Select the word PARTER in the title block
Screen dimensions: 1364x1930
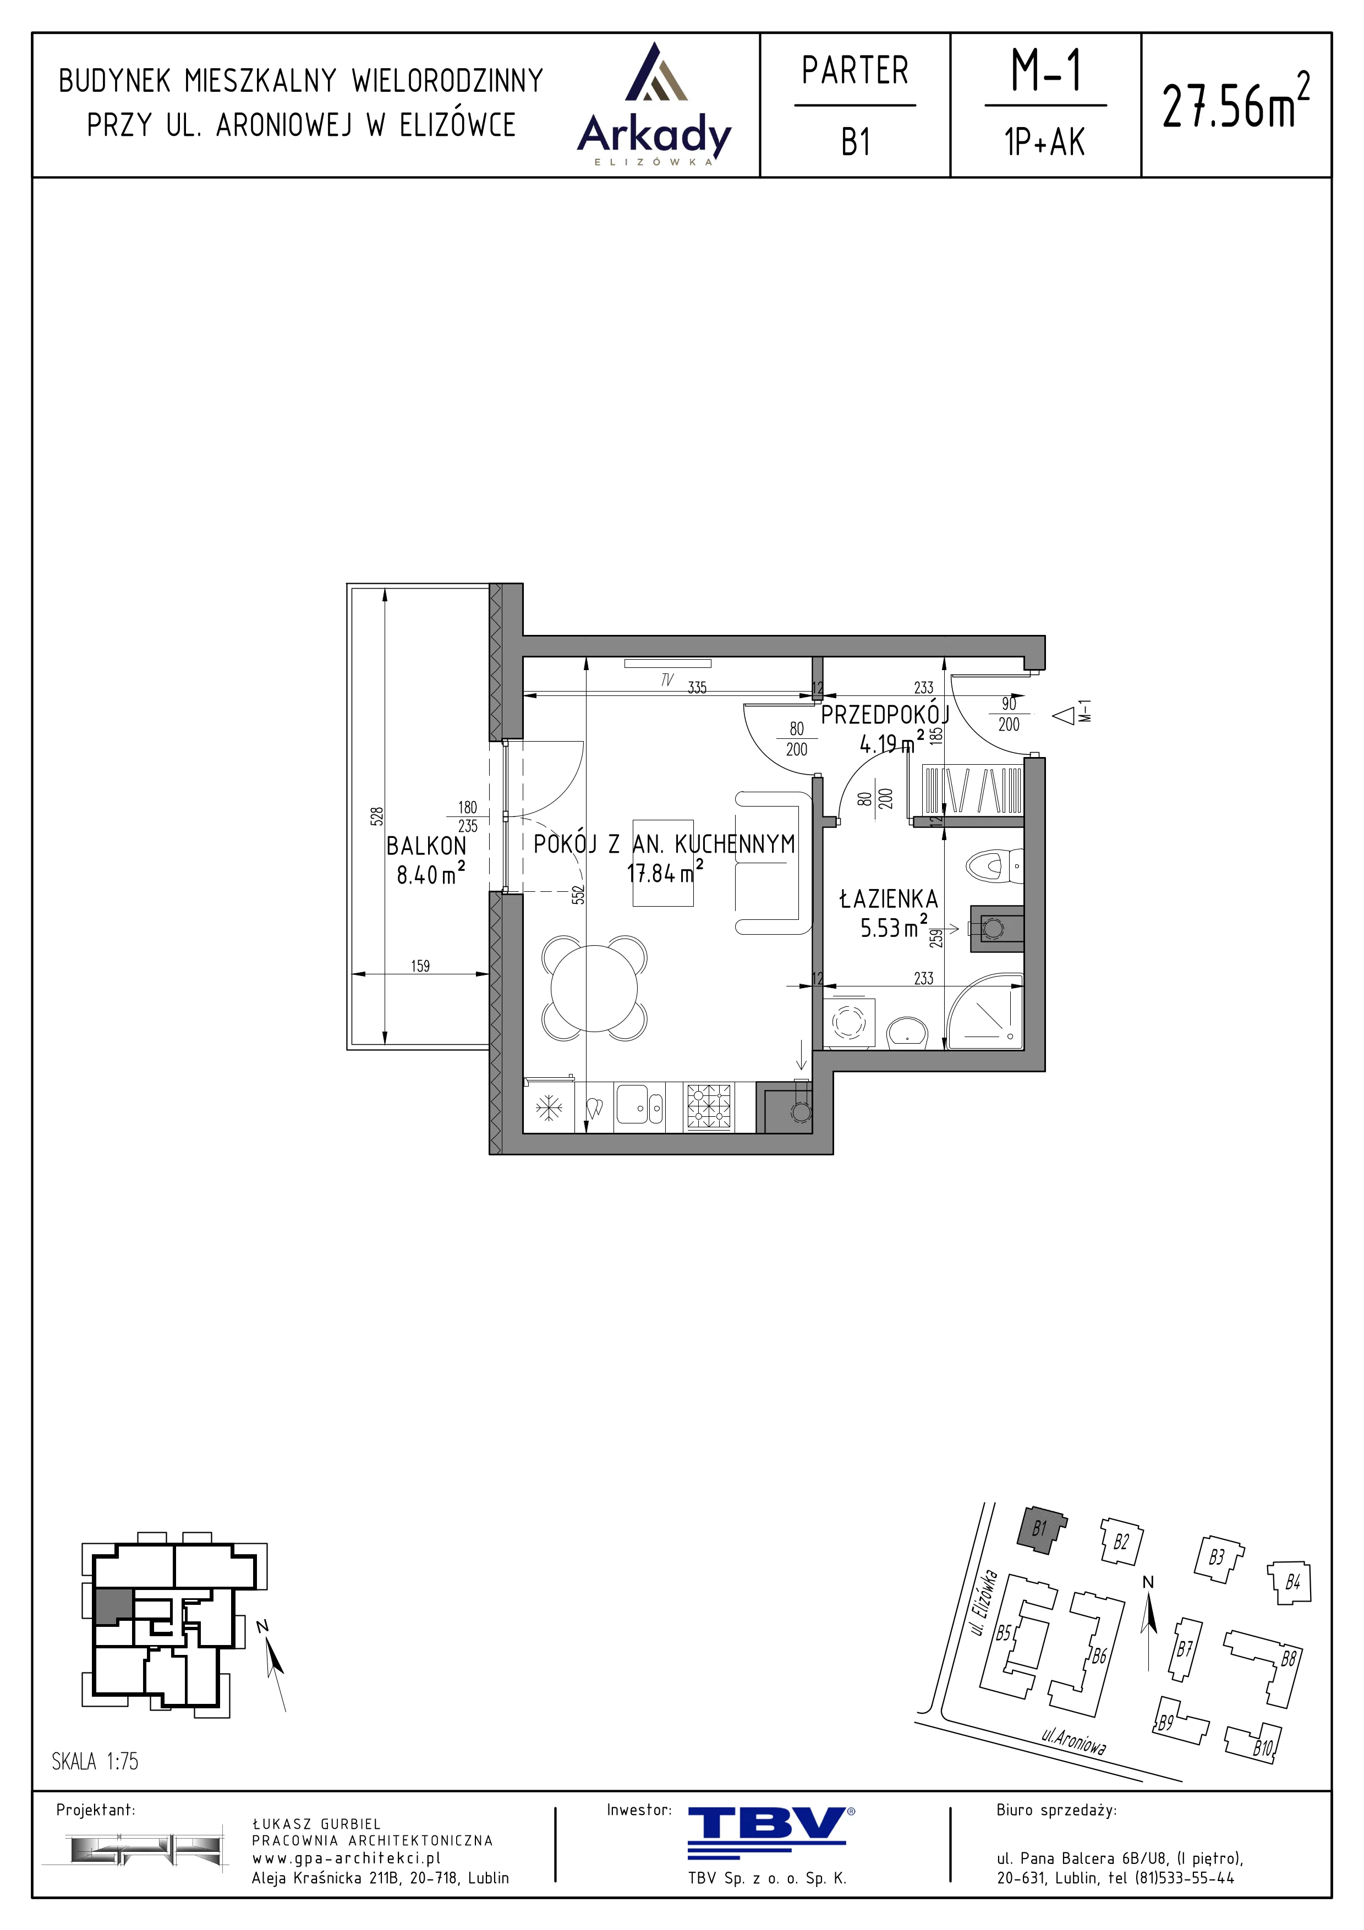(854, 70)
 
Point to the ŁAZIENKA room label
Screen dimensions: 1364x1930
(888, 898)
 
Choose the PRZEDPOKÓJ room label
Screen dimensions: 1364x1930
(885, 715)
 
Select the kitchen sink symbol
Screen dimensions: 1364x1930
(639, 1104)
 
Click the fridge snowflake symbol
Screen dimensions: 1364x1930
(550, 1107)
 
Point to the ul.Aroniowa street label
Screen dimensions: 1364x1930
(1073, 1741)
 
